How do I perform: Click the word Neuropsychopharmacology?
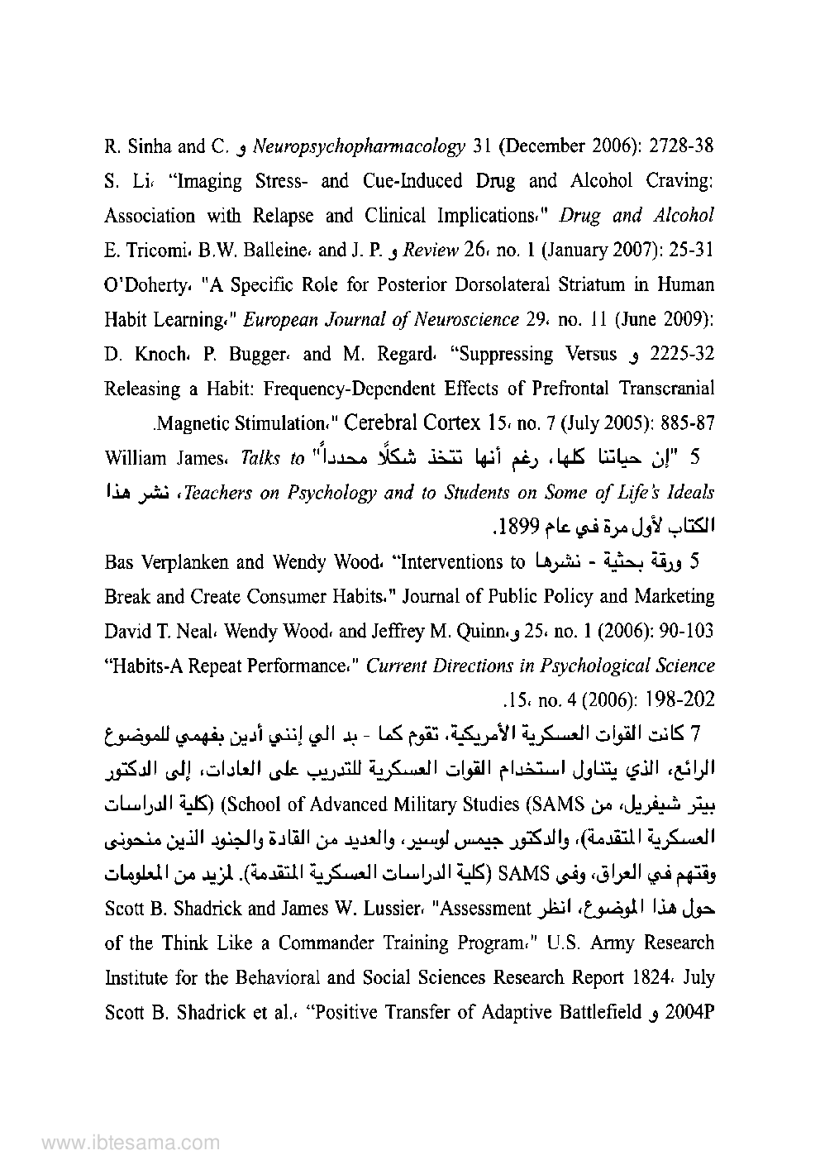358,147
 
